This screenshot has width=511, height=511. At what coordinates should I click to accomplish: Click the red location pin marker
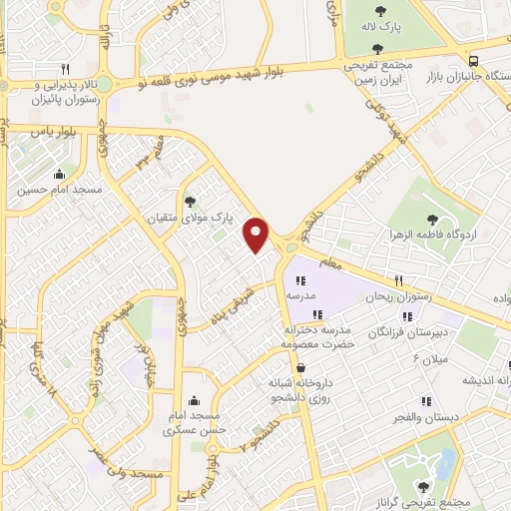(257, 234)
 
